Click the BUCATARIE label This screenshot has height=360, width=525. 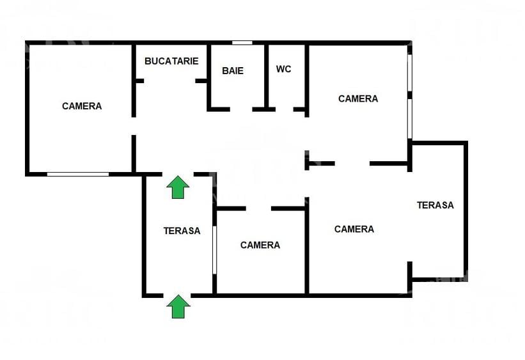coord(171,61)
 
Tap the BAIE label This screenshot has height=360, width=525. coord(233,71)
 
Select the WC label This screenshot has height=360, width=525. coord(283,69)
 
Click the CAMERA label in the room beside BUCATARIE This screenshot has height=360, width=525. coord(82,106)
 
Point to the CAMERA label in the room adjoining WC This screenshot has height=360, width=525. coord(358,98)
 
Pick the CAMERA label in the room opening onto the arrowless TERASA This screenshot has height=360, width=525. coord(354,229)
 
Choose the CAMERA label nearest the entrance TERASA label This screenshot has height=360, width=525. coord(260,245)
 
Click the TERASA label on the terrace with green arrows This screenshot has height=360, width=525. coord(182,231)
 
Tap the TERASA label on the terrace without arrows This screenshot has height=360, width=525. coord(435,205)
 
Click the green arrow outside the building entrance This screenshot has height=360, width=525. coord(178,306)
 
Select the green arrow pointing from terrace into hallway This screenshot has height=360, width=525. coord(178,187)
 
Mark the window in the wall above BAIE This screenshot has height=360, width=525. coord(242,43)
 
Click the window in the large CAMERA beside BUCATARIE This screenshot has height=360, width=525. coord(77,174)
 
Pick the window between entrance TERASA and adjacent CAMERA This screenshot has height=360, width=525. coord(215,250)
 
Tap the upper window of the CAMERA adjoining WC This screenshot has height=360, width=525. coord(409,72)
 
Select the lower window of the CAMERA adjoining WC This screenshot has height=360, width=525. coord(409,118)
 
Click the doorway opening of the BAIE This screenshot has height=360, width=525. coord(241,109)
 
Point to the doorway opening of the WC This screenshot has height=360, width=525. coord(285,109)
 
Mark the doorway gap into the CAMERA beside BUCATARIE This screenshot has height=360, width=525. coord(134,126)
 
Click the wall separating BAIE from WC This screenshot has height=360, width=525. coord(266,75)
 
